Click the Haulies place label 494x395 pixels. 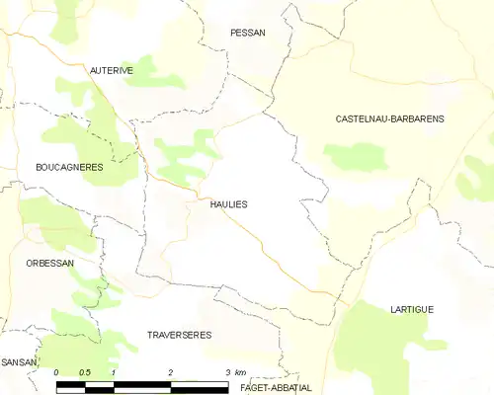tap(228, 203)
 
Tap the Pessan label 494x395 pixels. tap(247, 33)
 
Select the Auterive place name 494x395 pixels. tap(112, 70)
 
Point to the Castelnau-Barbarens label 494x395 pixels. tap(389, 118)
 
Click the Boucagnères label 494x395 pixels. tap(69, 168)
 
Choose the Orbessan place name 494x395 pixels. tap(50, 264)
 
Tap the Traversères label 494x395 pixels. tap(179, 335)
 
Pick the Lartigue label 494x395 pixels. tap(411, 309)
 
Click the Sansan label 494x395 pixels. tap(19, 362)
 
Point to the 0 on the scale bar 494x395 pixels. tap(57, 372)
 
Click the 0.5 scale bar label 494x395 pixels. tap(85, 372)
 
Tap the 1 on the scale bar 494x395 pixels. tap(115, 372)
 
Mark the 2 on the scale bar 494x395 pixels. tap(172, 372)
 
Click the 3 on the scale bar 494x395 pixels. tap(228, 372)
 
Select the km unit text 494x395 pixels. tap(240, 372)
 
